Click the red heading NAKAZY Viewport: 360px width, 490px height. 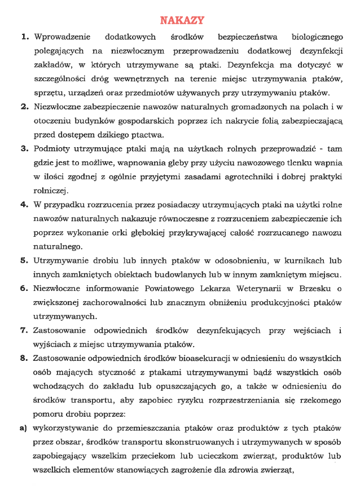[x=182, y=21]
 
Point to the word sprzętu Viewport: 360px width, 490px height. [x=50, y=93]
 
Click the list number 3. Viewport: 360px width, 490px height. [x=24, y=148]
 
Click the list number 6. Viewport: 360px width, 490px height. [x=24, y=288]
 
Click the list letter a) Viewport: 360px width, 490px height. [x=24, y=428]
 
